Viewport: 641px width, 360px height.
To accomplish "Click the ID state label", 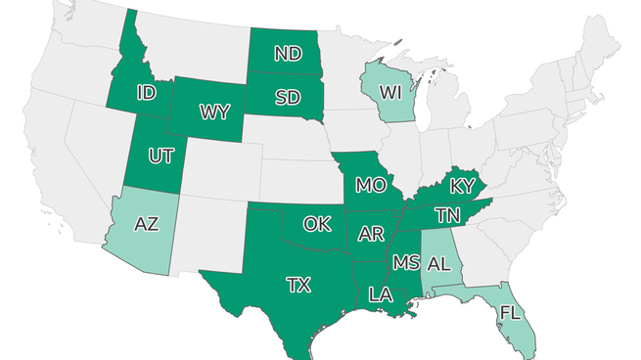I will [x=147, y=93].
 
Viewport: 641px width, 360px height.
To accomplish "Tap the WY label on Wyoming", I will [x=214, y=112].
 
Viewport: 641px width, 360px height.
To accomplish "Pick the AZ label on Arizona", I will [x=146, y=224].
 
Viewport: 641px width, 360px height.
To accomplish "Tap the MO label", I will [x=370, y=184].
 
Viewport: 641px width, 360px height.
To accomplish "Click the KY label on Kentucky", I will [x=462, y=186].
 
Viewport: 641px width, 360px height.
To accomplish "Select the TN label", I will [x=448, y=214].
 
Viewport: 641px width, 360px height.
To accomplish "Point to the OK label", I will [x=316, y=224].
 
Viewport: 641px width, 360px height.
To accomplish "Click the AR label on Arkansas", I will [x=371, y=234].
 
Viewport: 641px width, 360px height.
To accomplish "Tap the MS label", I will [x=405, y=262].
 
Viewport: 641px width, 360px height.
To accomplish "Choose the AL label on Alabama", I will [x=438, y=264].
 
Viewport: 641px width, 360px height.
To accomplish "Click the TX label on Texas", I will [x=298, y=285].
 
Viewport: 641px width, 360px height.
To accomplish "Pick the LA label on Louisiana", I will [x=381, y=293].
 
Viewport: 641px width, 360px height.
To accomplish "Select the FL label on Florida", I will [x=510, y=313].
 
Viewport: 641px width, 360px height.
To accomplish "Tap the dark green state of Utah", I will [x=157, y=176].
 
